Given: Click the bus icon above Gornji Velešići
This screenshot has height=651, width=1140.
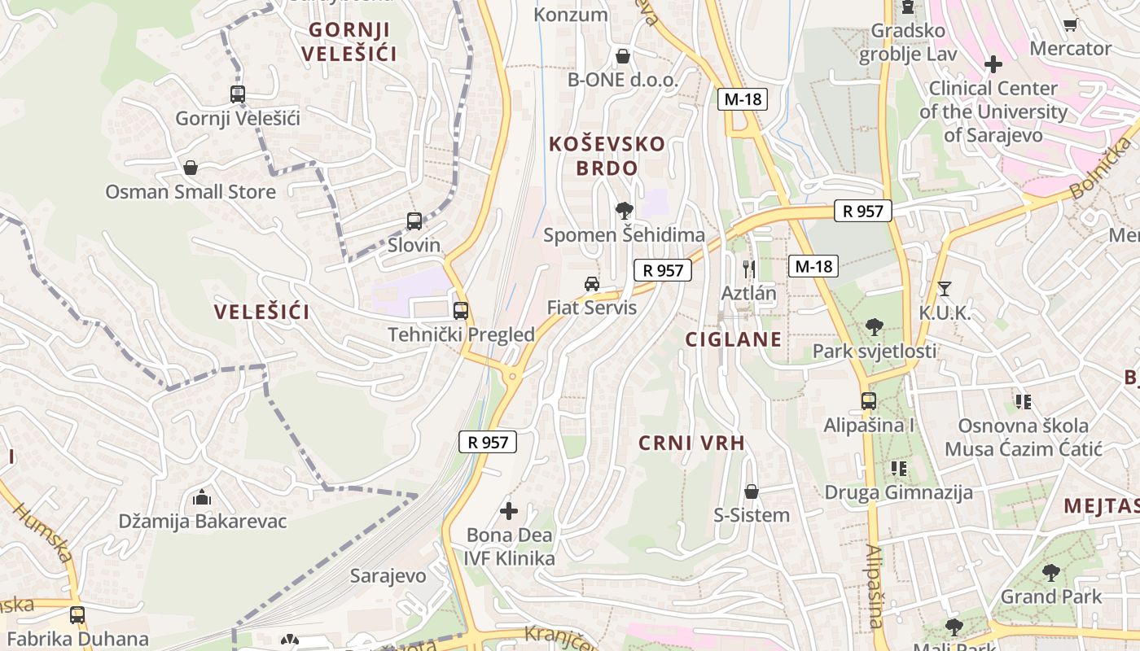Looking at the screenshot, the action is (237, 94).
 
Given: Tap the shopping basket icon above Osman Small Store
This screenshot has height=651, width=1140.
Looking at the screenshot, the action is (191, 168).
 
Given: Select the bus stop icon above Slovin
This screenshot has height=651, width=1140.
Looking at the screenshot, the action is (414, 221).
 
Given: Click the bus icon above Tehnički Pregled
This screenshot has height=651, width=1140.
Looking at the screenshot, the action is (461, 310).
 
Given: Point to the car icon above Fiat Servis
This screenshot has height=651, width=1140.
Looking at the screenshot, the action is (592, 283).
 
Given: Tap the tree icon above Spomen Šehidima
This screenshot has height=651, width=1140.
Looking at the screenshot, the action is (625, 211).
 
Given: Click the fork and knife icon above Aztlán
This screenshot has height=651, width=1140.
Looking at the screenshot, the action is (749, 269).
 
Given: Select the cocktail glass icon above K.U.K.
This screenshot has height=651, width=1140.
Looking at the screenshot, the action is (945, 288).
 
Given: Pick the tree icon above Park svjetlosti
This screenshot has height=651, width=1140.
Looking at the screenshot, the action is (875, 327).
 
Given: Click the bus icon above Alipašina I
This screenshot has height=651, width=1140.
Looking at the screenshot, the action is (869, 400).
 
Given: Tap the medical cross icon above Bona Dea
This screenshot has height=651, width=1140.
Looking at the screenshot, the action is (509, 511).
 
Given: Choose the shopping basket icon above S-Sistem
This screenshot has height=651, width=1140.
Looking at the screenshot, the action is (752, 492).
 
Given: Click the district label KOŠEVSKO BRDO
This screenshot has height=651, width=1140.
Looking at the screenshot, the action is (607, 156).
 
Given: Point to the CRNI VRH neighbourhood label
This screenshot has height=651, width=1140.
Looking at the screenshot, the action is (692, 443).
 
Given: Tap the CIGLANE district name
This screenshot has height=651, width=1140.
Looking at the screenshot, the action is (733, 339).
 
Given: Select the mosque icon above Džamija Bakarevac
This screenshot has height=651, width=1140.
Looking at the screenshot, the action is (202, 496).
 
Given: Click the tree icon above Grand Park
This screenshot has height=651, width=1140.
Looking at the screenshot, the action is (1051, 572).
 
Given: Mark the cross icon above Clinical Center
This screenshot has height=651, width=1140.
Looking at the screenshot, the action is (993, 63).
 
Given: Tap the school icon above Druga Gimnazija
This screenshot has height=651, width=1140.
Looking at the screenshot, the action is (899, 468).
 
